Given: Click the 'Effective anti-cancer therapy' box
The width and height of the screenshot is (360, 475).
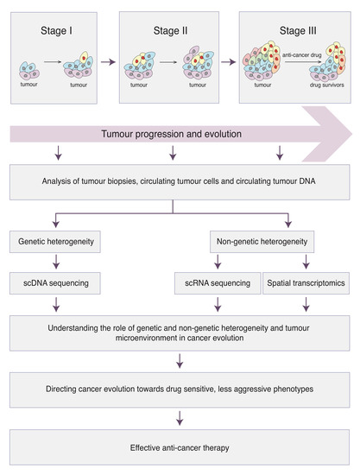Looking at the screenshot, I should click(179, 447).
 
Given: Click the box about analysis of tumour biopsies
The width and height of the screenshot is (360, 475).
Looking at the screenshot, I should click(179, 181).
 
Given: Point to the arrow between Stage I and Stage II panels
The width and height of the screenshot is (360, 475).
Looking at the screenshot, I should click(107, 61).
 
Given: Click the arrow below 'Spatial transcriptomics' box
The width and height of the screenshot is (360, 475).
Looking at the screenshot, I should click(308, 302).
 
